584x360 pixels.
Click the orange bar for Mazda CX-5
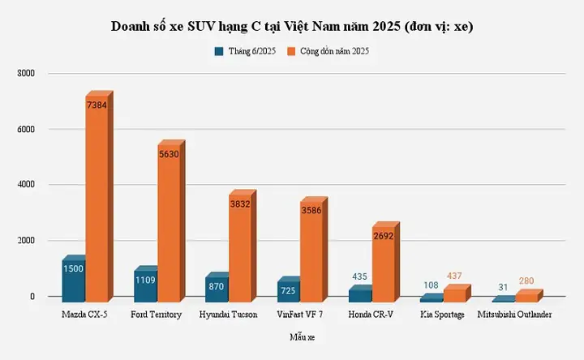(97, 203)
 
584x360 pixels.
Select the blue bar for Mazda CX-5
(73, 280)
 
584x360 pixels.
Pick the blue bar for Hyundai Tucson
(217, 288)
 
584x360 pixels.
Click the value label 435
(360, 276)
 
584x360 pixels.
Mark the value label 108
(432, 285)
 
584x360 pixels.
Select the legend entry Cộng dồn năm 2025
(340, 51)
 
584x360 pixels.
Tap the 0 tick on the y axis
(33, 297)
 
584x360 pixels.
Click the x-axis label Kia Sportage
(443, 315)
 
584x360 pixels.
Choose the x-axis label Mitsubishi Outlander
(515, 315)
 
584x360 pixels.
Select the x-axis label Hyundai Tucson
(228, 315)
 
